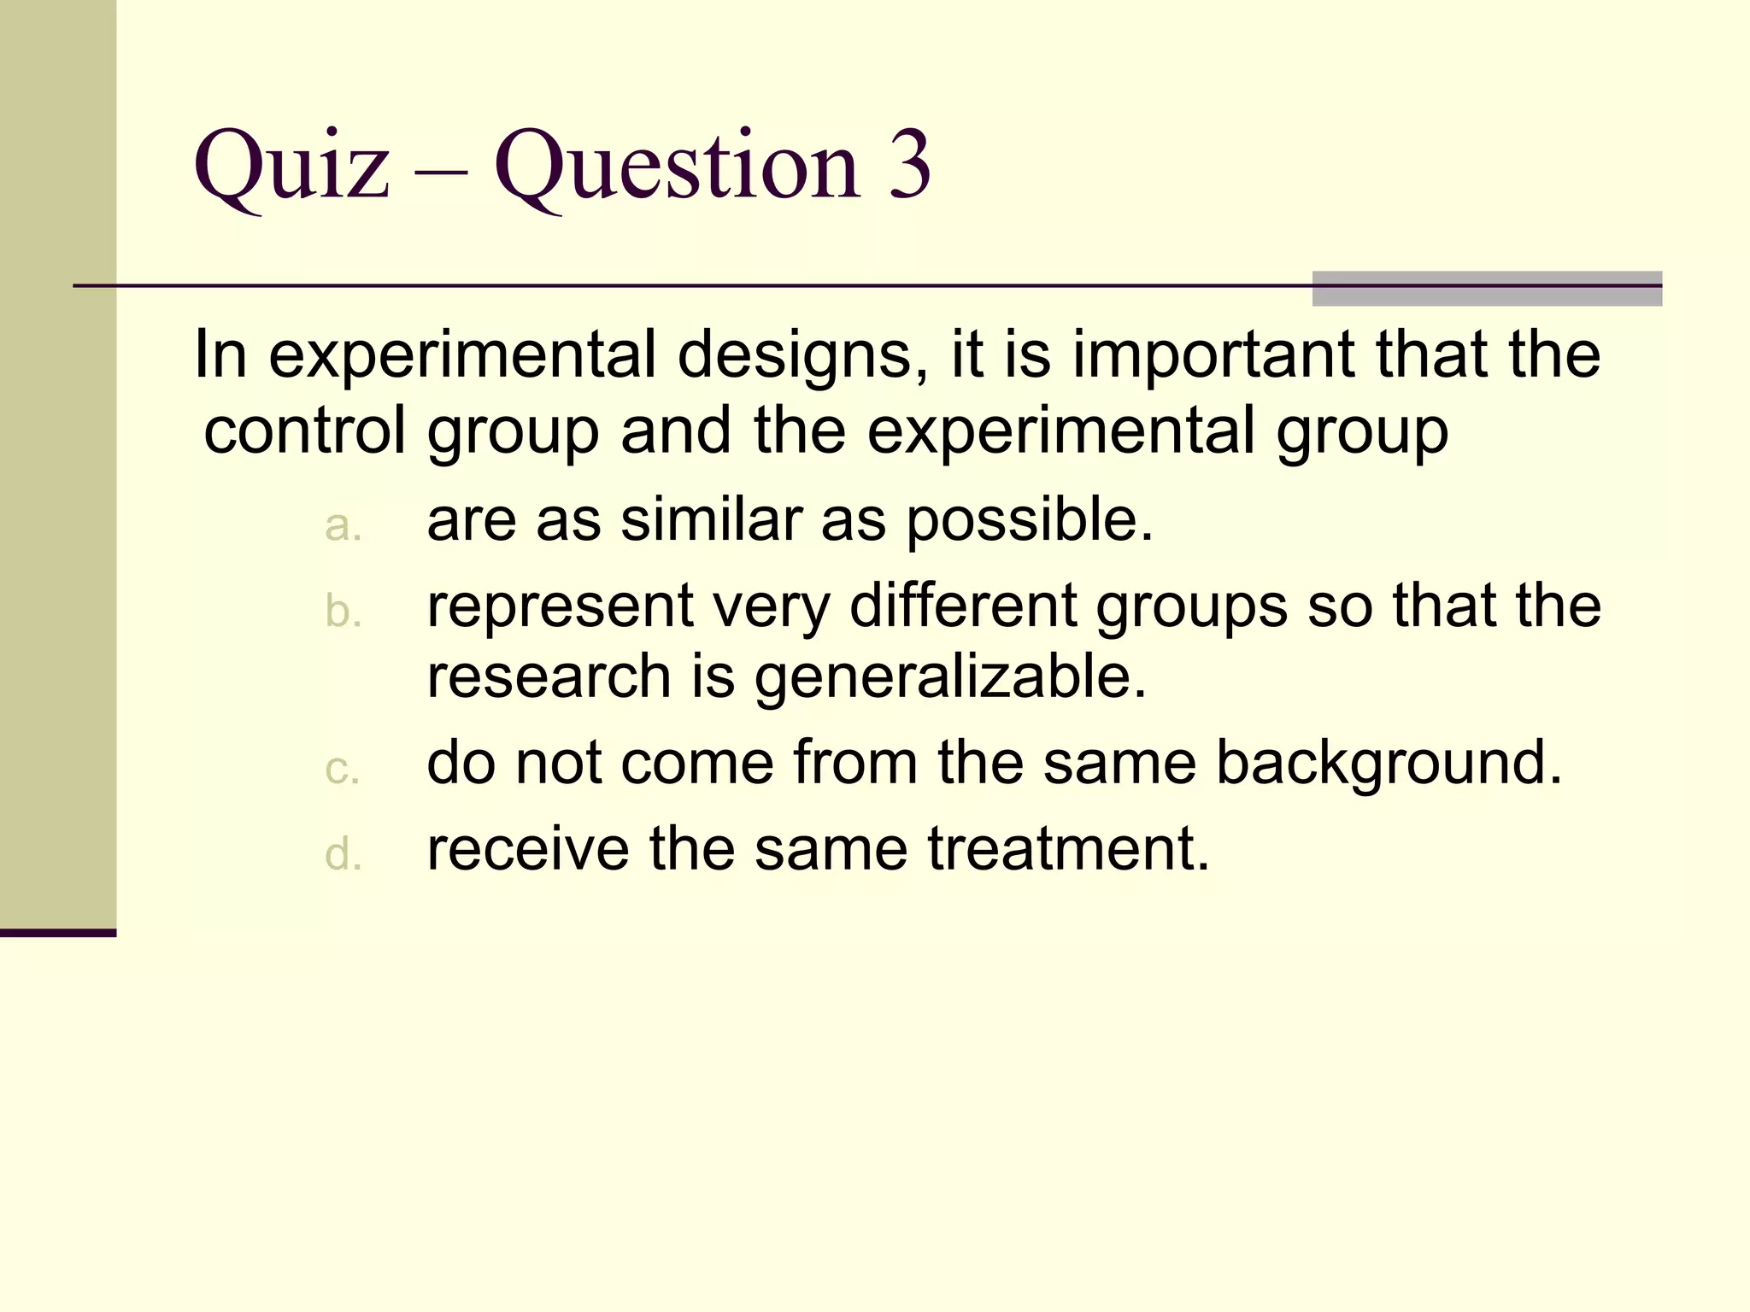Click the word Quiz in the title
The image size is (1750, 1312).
click(291, 166)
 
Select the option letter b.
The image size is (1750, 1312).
click(344, 612)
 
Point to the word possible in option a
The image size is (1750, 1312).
click(1029, 521)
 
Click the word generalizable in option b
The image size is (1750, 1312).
click(949, 678)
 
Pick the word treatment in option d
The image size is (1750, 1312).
click(1068, 849)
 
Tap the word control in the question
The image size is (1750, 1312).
click(303, 430)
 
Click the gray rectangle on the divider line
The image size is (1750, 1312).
click(1487, 289)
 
